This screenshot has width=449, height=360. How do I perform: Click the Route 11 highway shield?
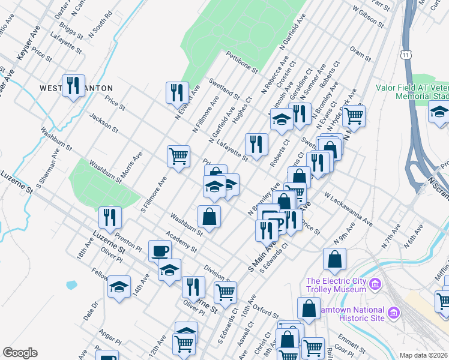[407, 55]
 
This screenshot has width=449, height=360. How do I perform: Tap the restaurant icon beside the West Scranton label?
[73, 85]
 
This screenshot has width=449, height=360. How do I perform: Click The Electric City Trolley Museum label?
[336, 285]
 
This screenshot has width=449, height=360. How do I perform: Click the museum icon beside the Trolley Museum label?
[376, 283]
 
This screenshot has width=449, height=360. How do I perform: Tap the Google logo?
[20, 353]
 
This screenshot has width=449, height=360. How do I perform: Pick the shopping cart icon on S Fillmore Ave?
[179, 157]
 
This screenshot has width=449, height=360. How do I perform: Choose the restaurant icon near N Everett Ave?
[177, 91]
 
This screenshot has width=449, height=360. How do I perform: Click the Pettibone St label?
[241, 62]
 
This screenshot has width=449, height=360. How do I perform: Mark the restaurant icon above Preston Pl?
[110, 217]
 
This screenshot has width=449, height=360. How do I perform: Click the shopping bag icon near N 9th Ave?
[334, 259]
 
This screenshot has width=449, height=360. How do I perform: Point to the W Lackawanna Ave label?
[348, 209]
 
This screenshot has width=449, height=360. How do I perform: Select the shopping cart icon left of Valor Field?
[354, 115]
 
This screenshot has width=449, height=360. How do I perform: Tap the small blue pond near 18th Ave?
[71, 284]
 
